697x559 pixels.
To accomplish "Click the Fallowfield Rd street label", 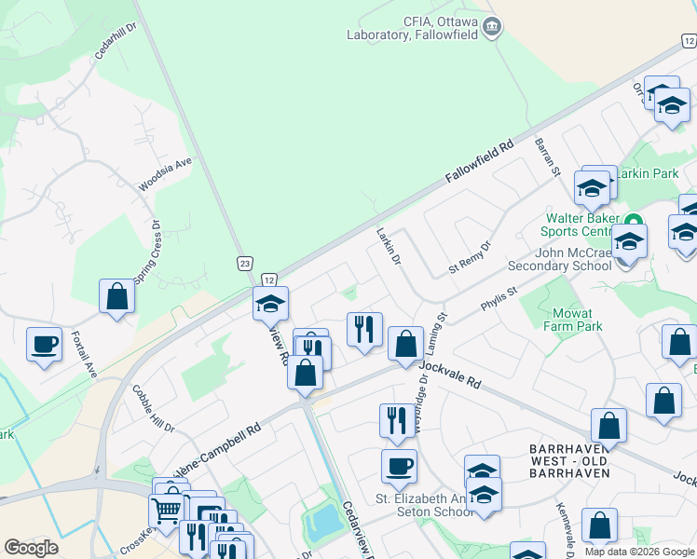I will (480, 161).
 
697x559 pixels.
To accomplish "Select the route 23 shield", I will (244, 265).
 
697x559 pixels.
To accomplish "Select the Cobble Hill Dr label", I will (153, 409).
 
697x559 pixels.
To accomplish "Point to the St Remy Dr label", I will (470, 254).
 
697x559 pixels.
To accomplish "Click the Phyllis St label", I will (499, 298).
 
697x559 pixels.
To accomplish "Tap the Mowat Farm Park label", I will (578, 320).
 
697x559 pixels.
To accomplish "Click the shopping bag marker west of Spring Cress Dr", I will (117, 297).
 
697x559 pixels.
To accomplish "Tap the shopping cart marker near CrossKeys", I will (167, 510).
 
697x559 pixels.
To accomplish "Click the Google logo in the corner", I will (31, 548).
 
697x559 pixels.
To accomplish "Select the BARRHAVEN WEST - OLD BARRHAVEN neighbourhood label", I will (568, 460).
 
